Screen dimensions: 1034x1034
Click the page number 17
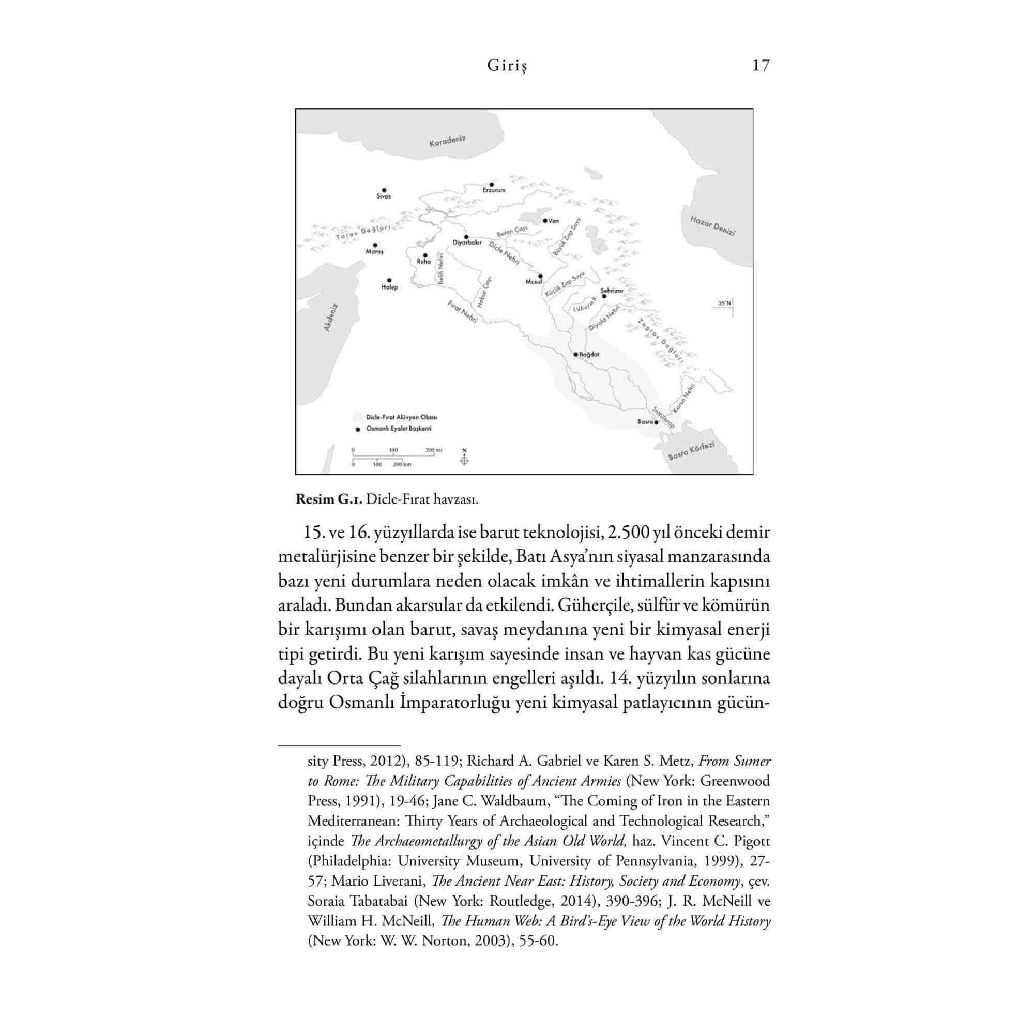tap(761, 65)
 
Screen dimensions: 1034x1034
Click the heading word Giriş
tap(507, 66)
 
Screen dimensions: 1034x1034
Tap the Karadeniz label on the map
tap(447, 141)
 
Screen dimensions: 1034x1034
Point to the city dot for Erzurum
tap(492, 185)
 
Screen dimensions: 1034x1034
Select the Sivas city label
tap(383, 196)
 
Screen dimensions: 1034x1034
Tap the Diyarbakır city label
tap(467, 242)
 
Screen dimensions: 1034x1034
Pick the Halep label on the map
tap(389, 287)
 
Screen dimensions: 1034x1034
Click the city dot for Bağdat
tap(576, 354)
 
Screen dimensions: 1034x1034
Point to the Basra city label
tap(645, 422)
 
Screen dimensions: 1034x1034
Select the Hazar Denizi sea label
tap(712, 225)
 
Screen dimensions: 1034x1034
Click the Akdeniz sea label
tap(331, 318)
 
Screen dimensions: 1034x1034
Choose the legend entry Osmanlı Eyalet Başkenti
tap(398, 429)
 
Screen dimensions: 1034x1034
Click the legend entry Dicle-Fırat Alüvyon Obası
tap(401, 417)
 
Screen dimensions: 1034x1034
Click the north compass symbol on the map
tap(464, 460)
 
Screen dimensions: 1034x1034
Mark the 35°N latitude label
tap(724, 303)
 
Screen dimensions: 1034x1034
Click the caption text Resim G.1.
tap(329, 499)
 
